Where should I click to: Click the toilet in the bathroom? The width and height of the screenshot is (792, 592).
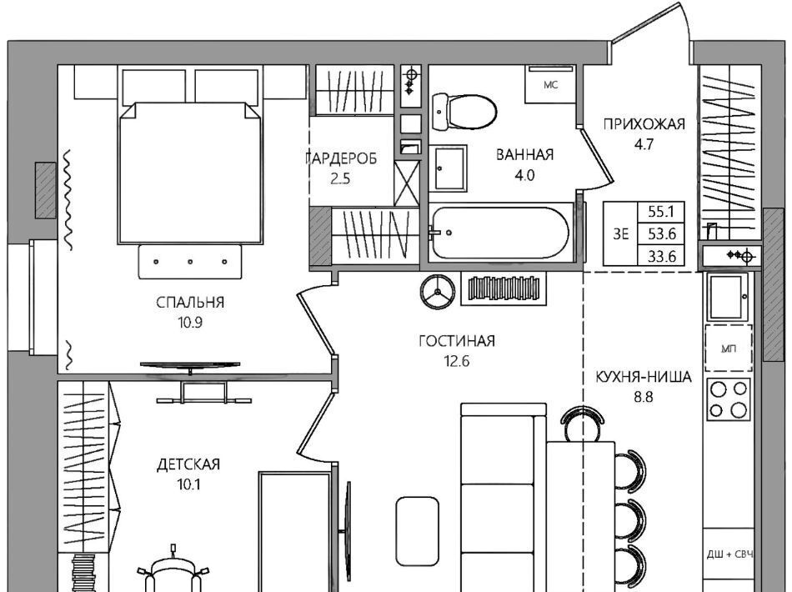464,112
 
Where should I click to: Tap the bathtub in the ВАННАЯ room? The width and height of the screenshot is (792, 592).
499,233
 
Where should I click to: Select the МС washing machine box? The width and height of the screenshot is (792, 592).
550,84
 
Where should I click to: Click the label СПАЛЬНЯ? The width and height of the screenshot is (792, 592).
190,303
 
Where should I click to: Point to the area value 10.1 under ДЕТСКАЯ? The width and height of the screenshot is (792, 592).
189,485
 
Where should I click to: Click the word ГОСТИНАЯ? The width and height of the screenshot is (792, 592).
457,342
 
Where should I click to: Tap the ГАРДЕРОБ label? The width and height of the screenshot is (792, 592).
341,158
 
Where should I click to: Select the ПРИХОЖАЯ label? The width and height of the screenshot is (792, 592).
644,123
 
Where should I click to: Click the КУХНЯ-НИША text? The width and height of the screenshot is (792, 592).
644,377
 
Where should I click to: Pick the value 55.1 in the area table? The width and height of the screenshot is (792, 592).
662,211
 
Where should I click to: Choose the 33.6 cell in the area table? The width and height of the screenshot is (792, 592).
662,257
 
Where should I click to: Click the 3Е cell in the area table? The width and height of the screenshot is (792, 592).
621,233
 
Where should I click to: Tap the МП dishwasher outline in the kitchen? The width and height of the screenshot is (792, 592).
729,349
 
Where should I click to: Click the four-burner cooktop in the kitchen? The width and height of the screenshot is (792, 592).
729,399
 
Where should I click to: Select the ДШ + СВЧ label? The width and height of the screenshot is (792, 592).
729,554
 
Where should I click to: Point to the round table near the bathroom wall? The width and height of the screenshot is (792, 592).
438,292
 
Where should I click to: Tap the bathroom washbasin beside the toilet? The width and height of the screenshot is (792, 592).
448,168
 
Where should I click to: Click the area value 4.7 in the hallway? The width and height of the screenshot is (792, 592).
644,144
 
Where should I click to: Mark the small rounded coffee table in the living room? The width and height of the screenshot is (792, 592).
417,531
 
